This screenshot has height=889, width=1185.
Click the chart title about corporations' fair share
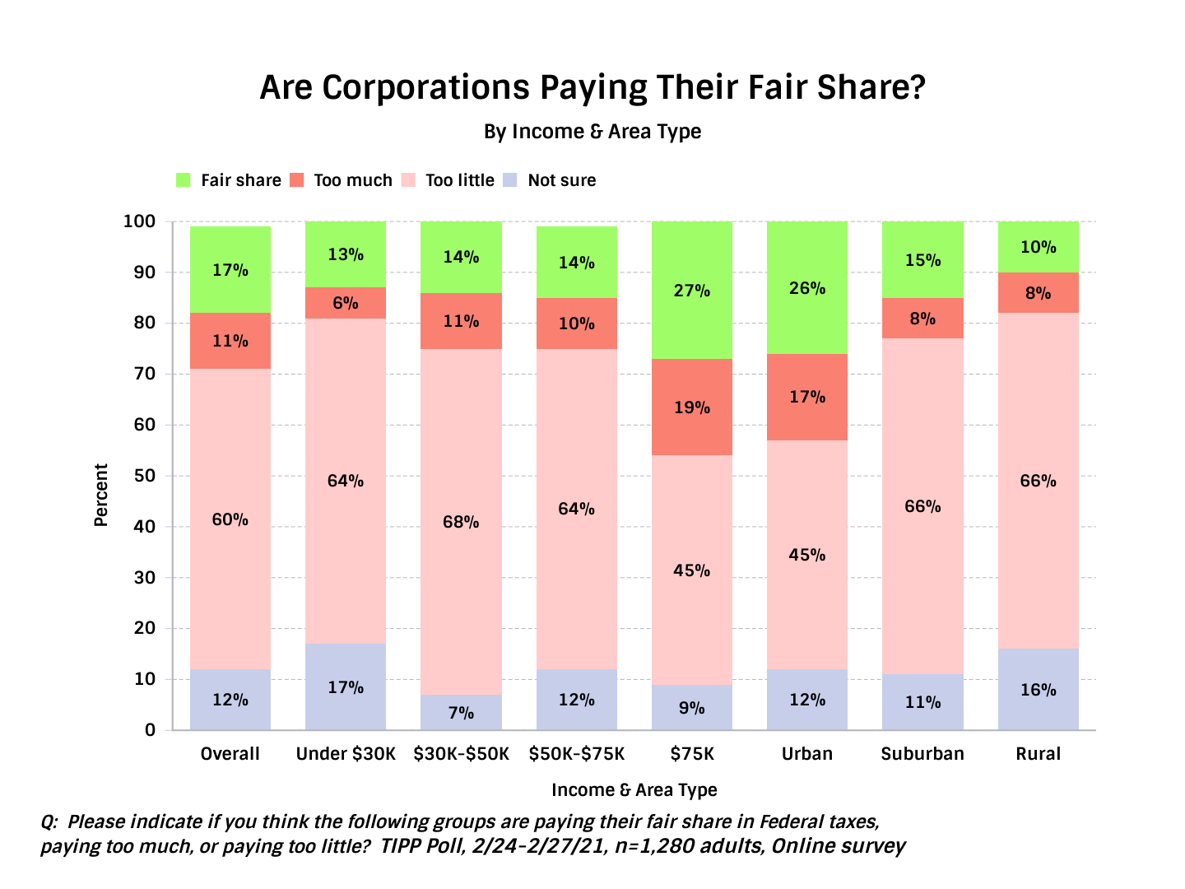(x=592, y=87)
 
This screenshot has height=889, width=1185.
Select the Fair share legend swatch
(x=184, y=180)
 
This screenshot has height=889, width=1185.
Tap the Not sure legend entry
(x=561, y=180)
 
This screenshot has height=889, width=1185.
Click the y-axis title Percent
(x=101, y=495)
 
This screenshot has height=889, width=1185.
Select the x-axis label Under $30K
(x=346, y=754)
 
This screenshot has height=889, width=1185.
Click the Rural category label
(x=1038, y=754)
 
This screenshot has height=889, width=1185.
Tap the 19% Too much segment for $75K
(x=691, y=407)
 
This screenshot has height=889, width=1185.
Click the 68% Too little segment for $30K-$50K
(x=461, y=522)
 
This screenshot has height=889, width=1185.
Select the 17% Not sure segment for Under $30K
(x=346, y=687)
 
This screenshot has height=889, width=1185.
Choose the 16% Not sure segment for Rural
(x=1038, y=689)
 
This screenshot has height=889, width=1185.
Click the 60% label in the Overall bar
(x=230, y=519)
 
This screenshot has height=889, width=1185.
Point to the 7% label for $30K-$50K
(x=461, y=712)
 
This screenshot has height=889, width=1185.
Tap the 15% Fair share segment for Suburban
(x=922, y=260)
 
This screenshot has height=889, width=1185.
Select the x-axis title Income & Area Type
(x=634, y=790)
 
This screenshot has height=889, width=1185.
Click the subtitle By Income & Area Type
(x=592, y=132)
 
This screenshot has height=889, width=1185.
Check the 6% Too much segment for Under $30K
(x=346, y=303)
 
